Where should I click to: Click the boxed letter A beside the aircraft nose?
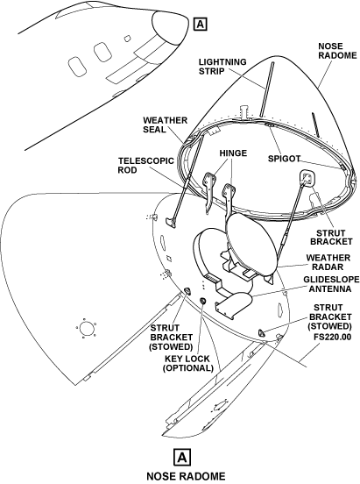[x=201, y=24]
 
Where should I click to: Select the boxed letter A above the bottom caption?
[x=182, y=457]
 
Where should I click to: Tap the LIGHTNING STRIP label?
[x=222, y=67]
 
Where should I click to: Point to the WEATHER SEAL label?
[x=165, y=125]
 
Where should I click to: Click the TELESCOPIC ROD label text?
[x=146, y=166]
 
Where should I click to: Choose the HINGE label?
[x=233, y=153]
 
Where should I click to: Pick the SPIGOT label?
[x=284, y=159]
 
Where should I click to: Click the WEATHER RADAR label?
[x=324, y=262]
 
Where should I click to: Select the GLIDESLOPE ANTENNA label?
[x=331, y=284]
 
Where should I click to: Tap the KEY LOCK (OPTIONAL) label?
[x=188, y=363]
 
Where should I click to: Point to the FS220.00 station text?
[x=333, y=337]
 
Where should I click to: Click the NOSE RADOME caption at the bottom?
[x=186, y=476]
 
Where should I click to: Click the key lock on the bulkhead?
[x=202, y=301]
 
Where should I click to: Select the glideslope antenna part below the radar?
[x=235, y=304]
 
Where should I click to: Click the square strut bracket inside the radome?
[x=307, y=178]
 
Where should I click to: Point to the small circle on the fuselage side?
[x=86, y=328]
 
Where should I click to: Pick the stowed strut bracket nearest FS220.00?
[x=261, y=332]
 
